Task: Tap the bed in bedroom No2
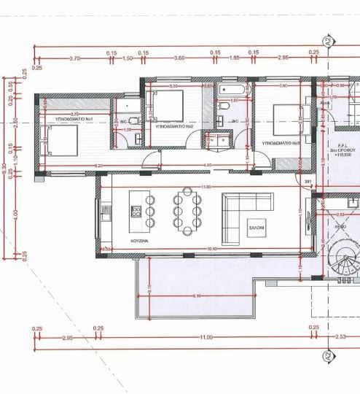(x=167, y=106)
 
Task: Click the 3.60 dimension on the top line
(x=179, y=58)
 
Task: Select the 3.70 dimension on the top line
(x=74, y=58)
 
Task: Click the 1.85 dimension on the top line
(x=235, y=58)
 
